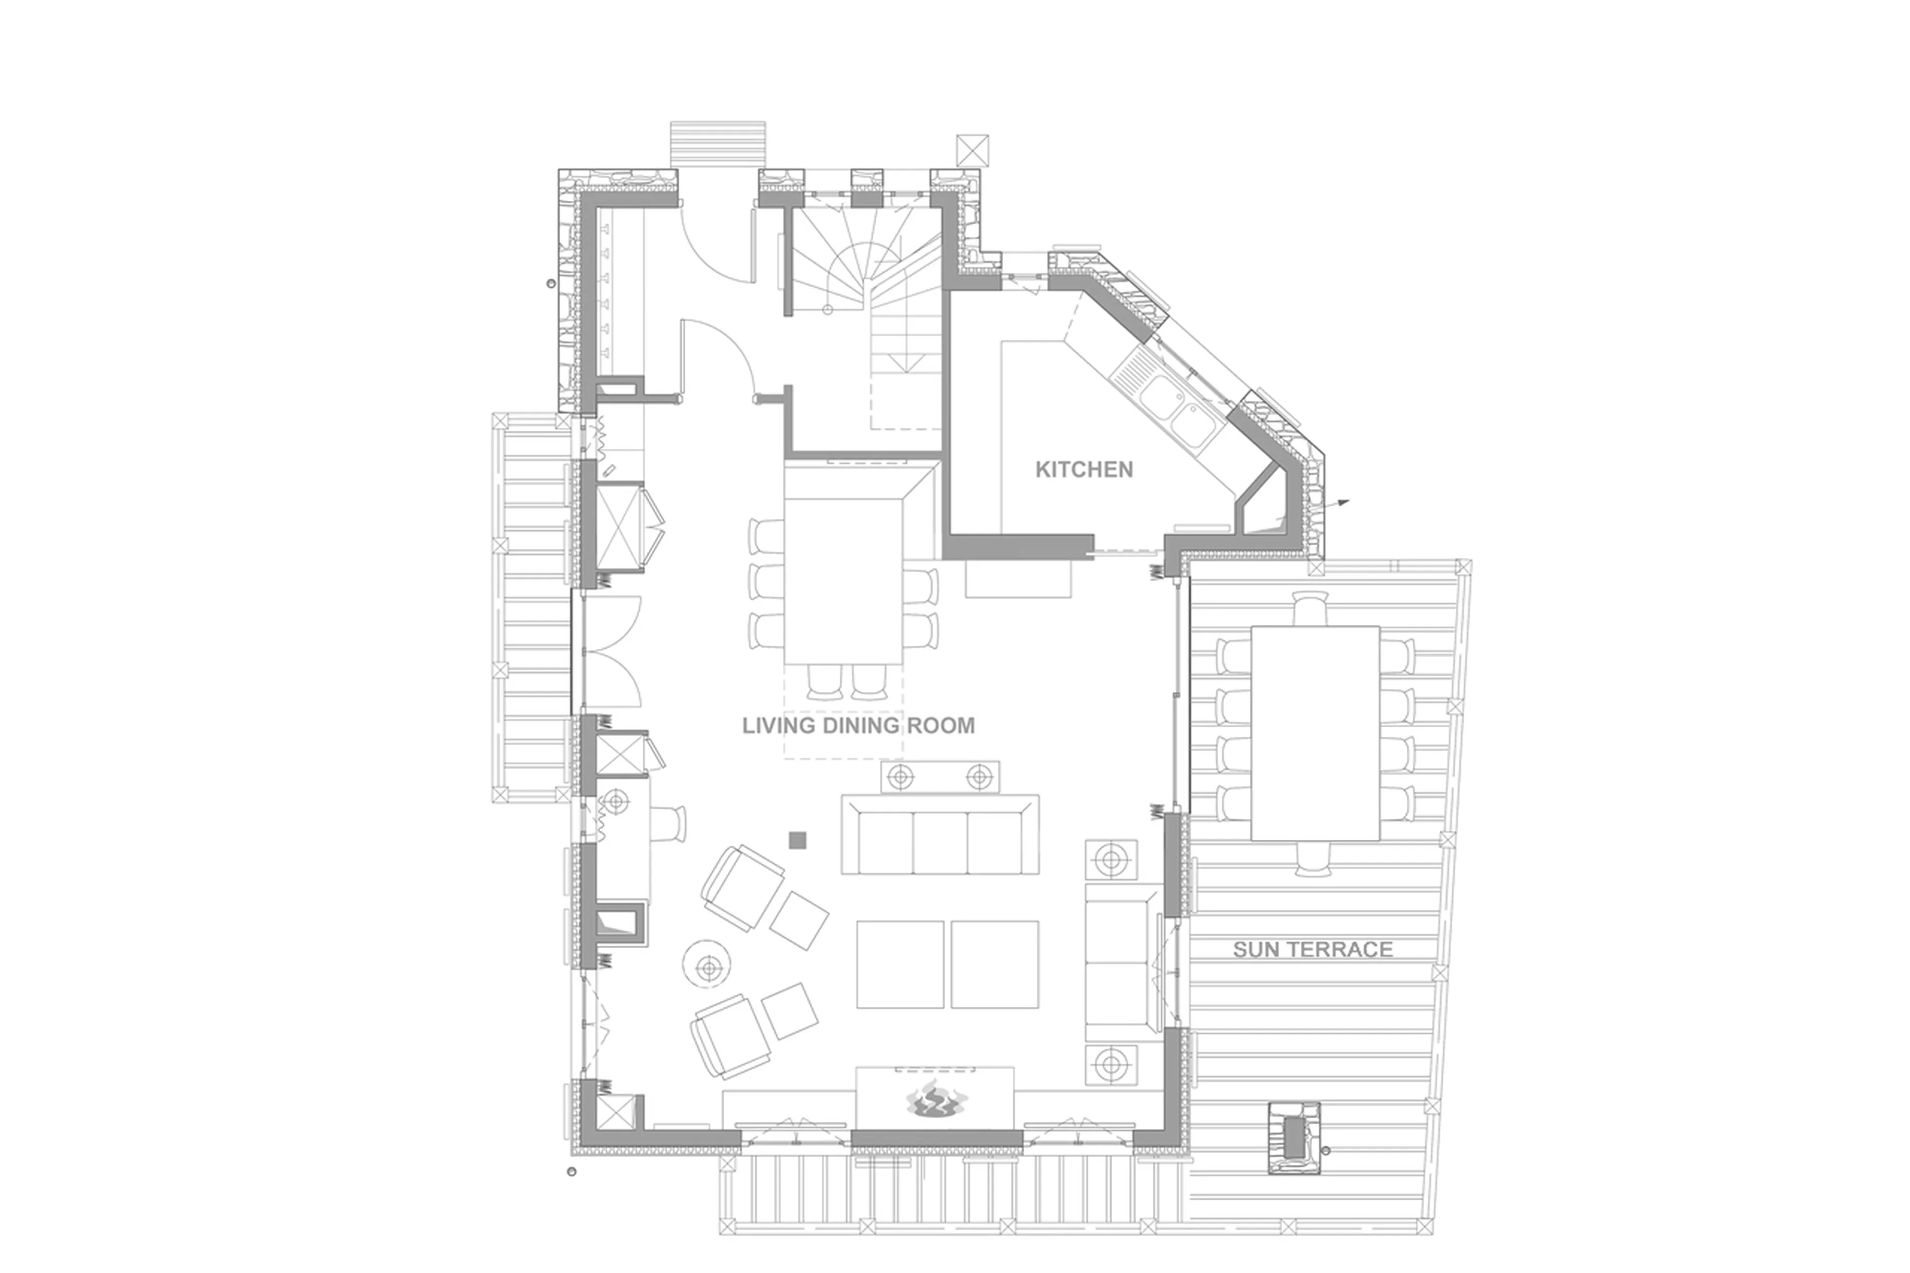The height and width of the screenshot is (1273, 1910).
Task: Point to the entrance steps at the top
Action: point(718,144)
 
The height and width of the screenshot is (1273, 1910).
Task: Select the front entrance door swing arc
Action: point(714,244)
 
